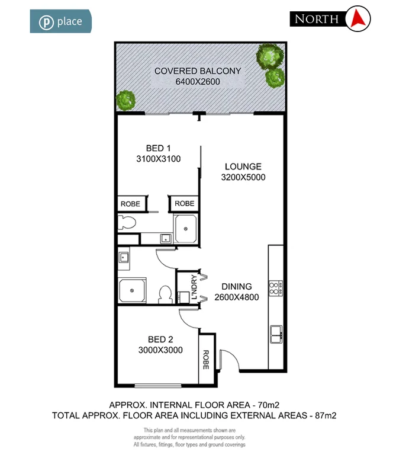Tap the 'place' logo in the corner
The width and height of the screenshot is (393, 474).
click(x=61, y=22)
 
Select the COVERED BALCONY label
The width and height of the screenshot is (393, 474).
click(x=197, y=71)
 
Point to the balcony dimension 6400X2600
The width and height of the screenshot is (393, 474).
click(x=198, y=82)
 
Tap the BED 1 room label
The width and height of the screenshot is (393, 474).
click(x=158, y=148)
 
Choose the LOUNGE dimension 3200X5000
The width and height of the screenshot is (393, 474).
click(x=243, y=177)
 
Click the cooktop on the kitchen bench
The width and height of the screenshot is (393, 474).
click(x=275, y=289)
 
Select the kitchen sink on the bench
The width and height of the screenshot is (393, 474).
click(x=276, y=334)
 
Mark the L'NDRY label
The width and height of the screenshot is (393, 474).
click(x=192, y=287)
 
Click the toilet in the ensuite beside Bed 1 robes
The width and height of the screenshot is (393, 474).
click(x=126, y=223)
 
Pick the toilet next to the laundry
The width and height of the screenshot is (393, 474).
click(x=166, y=293)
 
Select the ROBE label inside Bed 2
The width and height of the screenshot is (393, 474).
click(x=206, y=359)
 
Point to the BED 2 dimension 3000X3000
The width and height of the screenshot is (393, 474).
click(x=160, y=350)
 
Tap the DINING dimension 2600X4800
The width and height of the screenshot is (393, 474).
click(x=237, y=297)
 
